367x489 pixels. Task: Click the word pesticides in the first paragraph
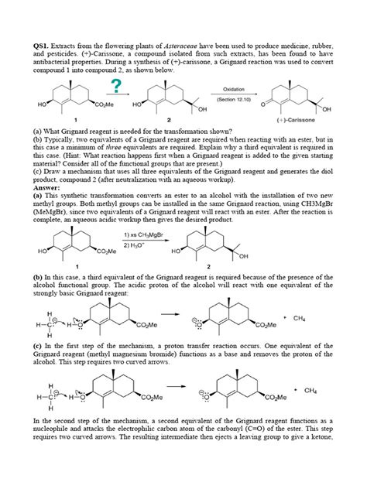point(67,54)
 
